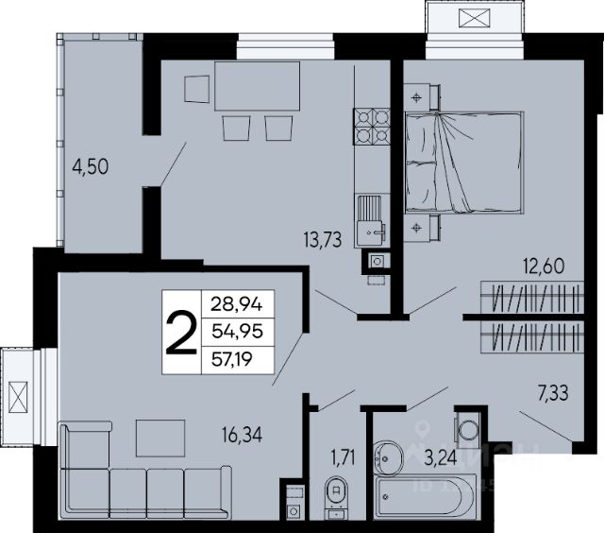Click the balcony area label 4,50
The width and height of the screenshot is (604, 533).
point(91,167)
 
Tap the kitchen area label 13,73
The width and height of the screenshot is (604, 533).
point(323,240)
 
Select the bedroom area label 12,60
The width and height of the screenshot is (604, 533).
point(544,266)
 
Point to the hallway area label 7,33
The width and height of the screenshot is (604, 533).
point(553,394)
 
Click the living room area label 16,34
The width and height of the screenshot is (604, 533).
point(242,435)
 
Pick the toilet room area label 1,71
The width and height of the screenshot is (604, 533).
point(343,458)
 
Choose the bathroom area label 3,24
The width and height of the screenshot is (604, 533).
point(441,458)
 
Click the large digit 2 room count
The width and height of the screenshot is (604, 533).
point(181,332)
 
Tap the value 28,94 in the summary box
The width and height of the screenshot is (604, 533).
point(237,304)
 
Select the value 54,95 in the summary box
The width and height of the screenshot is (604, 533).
point(237,332)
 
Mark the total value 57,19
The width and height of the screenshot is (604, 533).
point(232,359)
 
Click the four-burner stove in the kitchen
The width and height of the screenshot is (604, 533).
point(372,127)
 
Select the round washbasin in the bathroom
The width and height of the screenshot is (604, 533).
point(388,457)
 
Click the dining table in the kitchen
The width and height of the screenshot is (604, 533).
point(257,86)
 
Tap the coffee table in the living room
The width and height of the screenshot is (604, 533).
point(160,438)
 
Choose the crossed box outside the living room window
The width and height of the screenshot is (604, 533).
point(19,397)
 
